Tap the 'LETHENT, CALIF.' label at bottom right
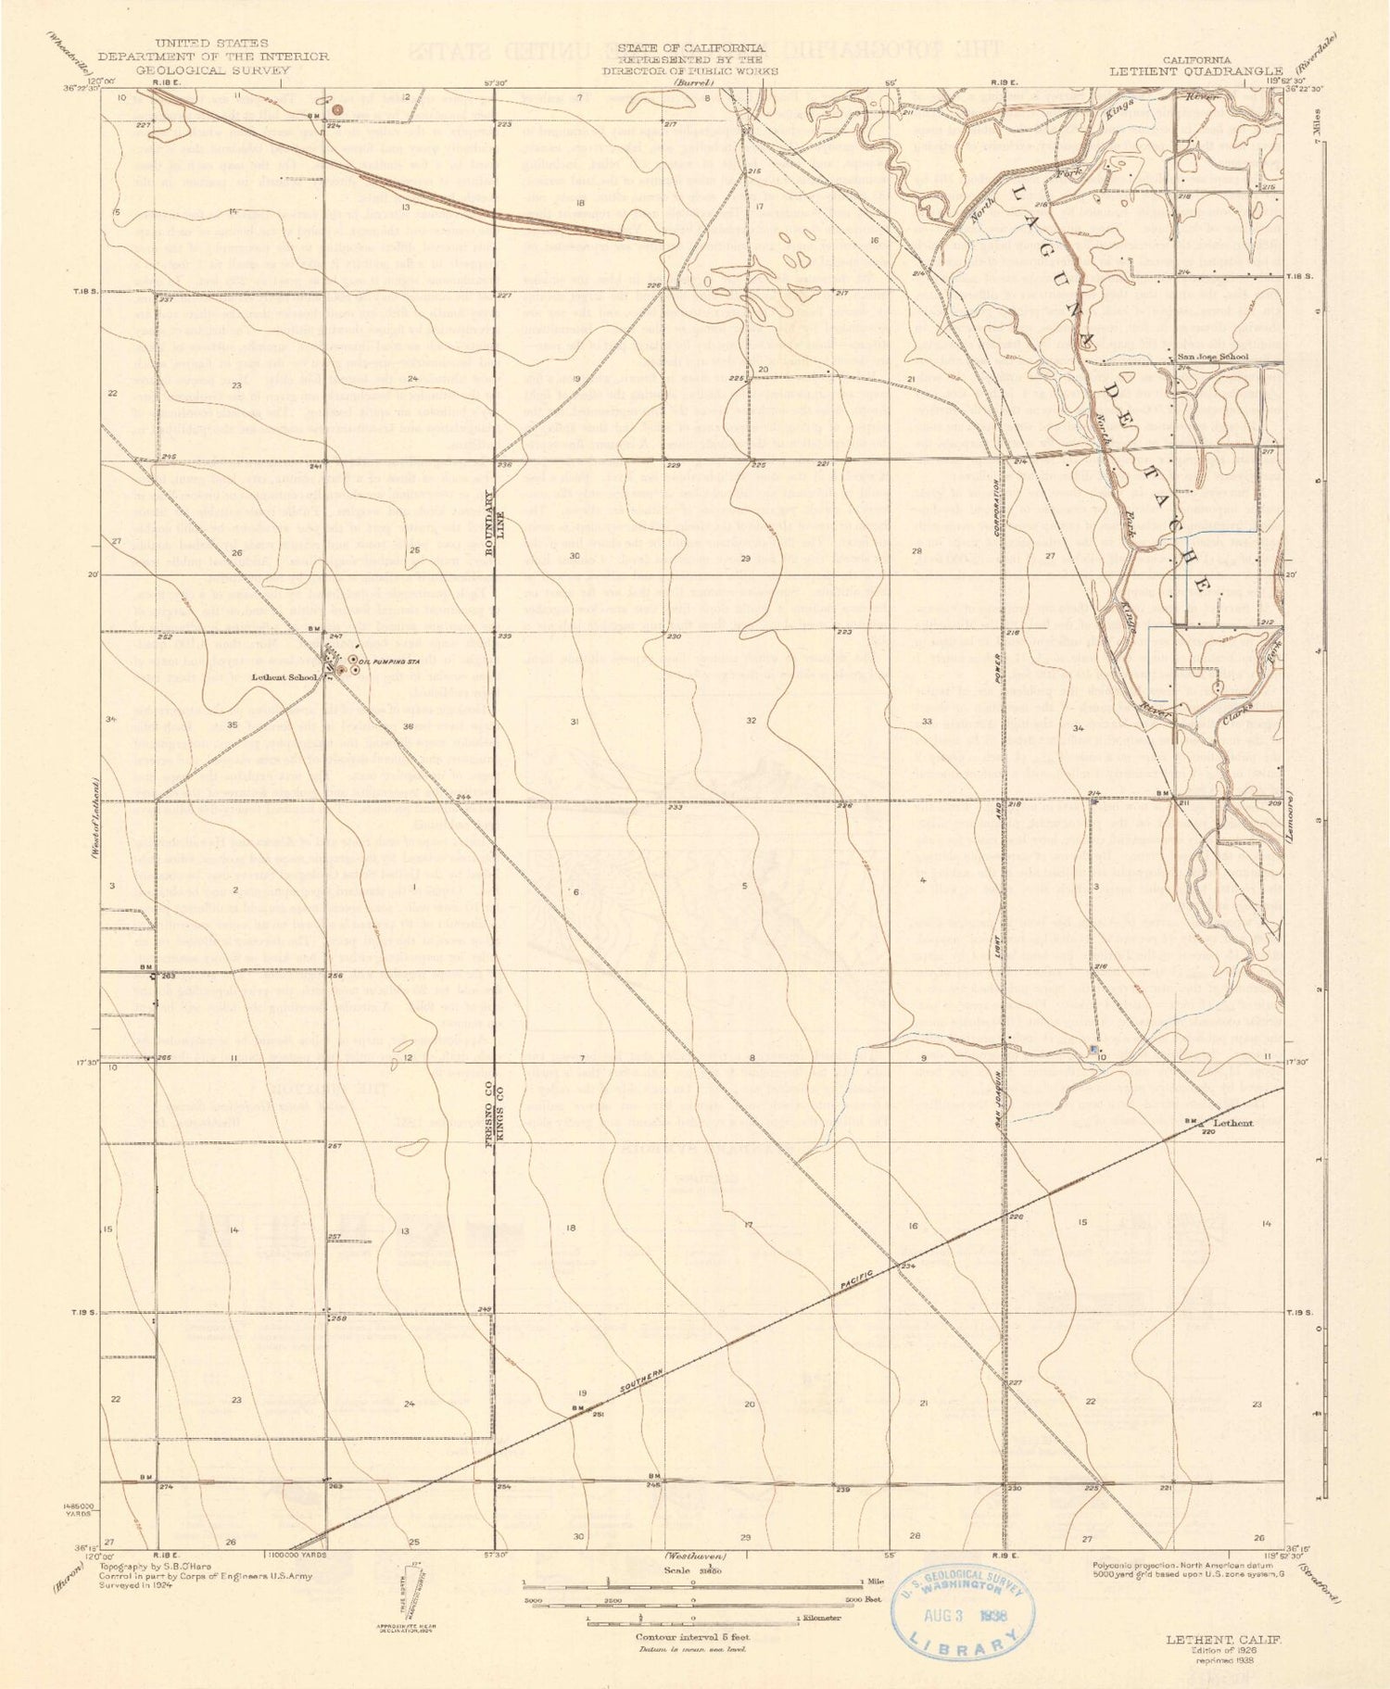(1223, 1638)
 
